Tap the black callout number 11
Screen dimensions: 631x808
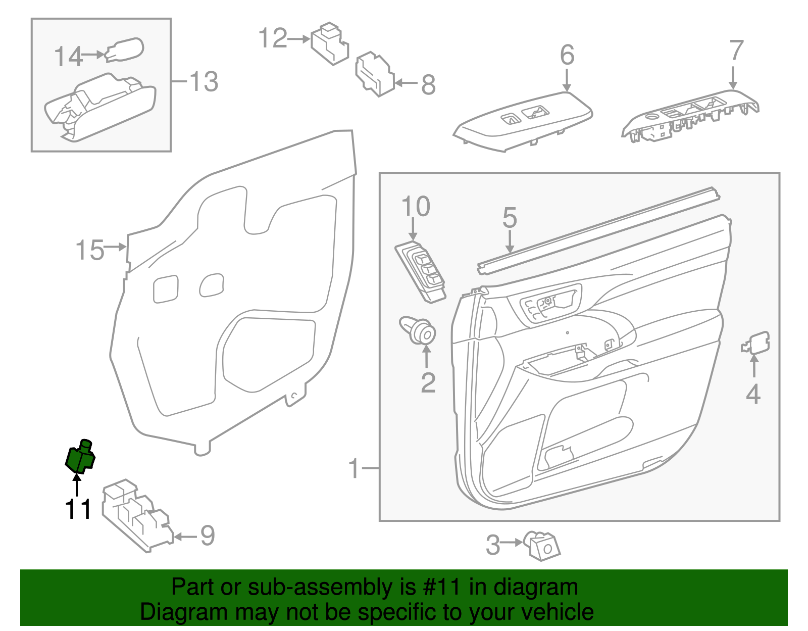[x=78, y=509]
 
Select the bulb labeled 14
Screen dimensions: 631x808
[x=125, y=50]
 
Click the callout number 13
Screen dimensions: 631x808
[x=204, y=82]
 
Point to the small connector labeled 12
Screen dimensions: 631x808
[x=330, y=44]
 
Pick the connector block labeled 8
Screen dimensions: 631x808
[x=375, y=74]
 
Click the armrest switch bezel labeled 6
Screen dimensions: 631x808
[x=522, y=121]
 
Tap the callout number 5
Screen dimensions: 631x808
[x=510, y=218]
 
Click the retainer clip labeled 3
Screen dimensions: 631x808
[x=542, y=546]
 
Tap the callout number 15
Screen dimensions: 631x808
[x=89, y=251]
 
